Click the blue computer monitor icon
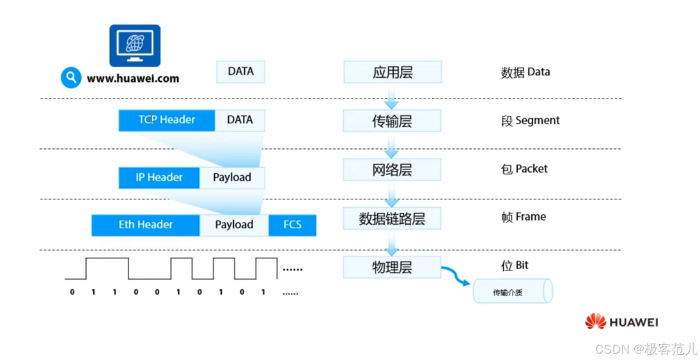click(x=135, y=45)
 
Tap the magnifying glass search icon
click(x=71, y=78)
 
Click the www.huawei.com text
click(x=133, y=79)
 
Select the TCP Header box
click(x=167, y=120)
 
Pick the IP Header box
click(x=159, y=178)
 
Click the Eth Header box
click(x=146, y=225)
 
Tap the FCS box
click(x=292, y=225)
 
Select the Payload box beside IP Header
click(x=232, y=178)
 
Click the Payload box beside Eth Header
click(x=234, y=225)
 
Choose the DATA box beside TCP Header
click(x=240, y=120)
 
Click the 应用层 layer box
click(x=393, y=72)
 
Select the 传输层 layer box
click(x=393, y=121)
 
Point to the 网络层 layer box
click(x=393, y=169)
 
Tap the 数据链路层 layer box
click(x=393, y=219)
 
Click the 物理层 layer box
click(x=393, y=267)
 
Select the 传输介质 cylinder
click(x=511, y=292)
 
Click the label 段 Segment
click(x=530, y=121)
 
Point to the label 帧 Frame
click(x=524, y=217)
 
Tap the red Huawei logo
click(x=596, y=322)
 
